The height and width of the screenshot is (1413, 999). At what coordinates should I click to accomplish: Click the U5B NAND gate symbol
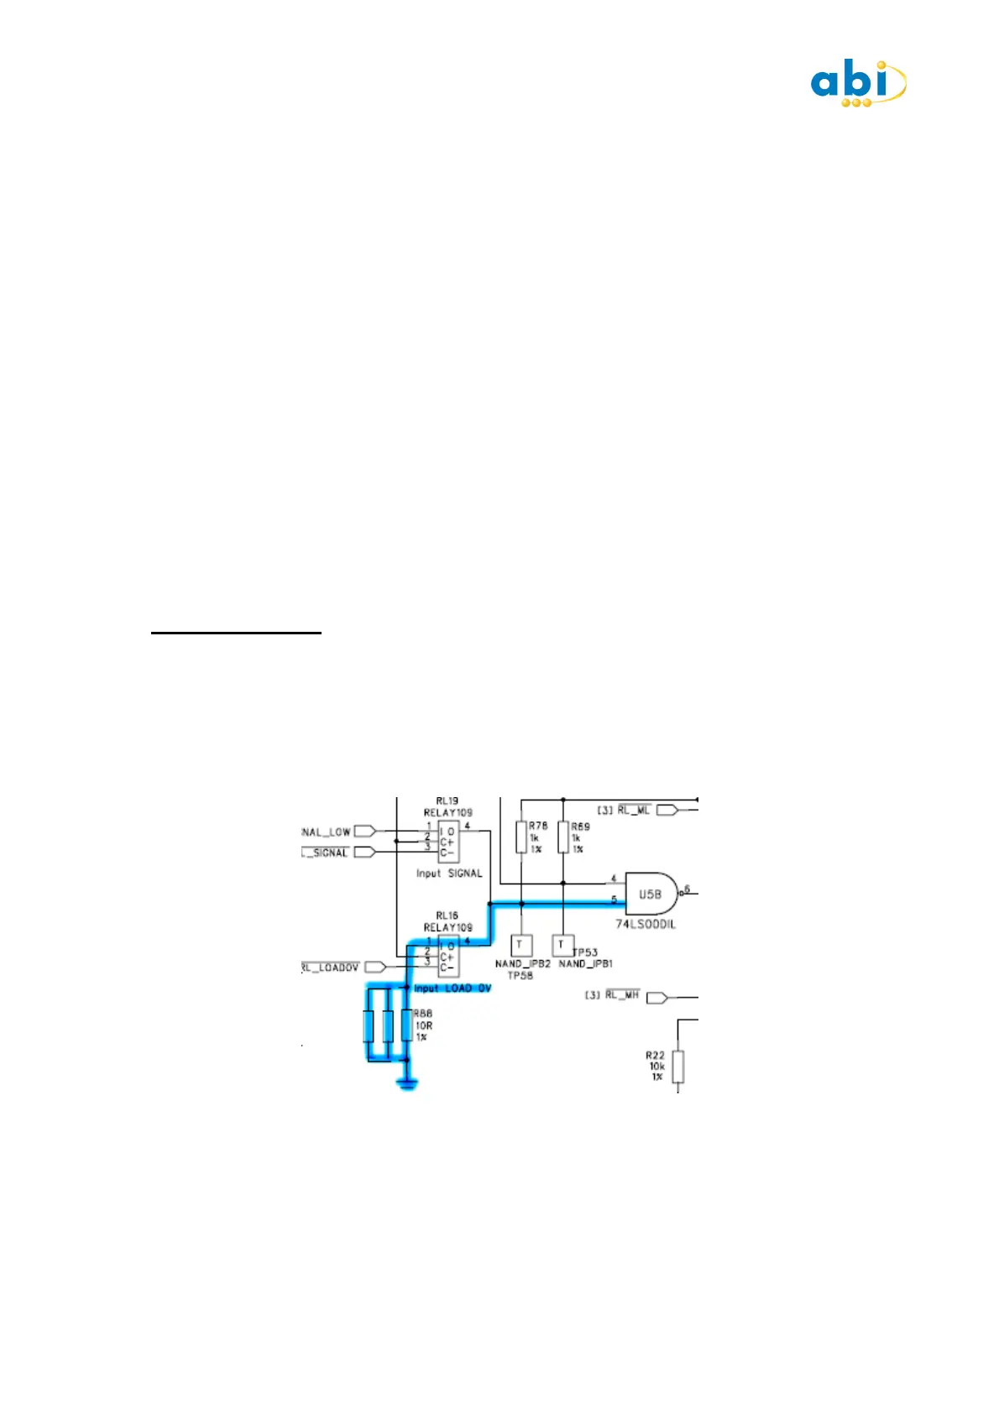(651, 894)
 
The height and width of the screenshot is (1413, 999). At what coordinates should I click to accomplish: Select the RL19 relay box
(447, 842)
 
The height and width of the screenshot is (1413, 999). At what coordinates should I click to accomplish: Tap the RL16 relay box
(447, 957)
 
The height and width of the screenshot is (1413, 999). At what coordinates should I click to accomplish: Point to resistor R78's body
(521, 837)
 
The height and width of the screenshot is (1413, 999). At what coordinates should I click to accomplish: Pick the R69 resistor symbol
(563, 837)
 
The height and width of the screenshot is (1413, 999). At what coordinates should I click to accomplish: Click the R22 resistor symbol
(677, 1066)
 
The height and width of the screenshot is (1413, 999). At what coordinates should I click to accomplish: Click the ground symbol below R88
(407, 1085)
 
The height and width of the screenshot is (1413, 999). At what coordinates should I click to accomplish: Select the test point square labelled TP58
(520, 946)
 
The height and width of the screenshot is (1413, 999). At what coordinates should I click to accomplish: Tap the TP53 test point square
(562, 946)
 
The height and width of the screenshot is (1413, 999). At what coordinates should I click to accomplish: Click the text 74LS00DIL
(646, 924)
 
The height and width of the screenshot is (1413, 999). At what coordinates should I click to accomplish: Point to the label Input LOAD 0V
(452, 988)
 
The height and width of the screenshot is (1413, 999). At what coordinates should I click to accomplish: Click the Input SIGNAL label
(449, 873)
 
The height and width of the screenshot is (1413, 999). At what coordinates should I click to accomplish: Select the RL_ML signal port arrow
(667, 810)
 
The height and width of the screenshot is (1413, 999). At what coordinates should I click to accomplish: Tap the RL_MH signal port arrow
(656, 997)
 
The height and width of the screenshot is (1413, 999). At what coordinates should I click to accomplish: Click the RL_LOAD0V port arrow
(374, 967)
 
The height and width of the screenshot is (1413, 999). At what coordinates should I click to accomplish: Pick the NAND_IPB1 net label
(586, 964)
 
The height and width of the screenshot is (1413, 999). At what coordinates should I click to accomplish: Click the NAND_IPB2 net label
(522, 964)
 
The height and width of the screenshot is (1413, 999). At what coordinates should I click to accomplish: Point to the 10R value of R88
(424, 1025)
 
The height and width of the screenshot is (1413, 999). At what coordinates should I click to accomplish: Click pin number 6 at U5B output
(687, 889)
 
